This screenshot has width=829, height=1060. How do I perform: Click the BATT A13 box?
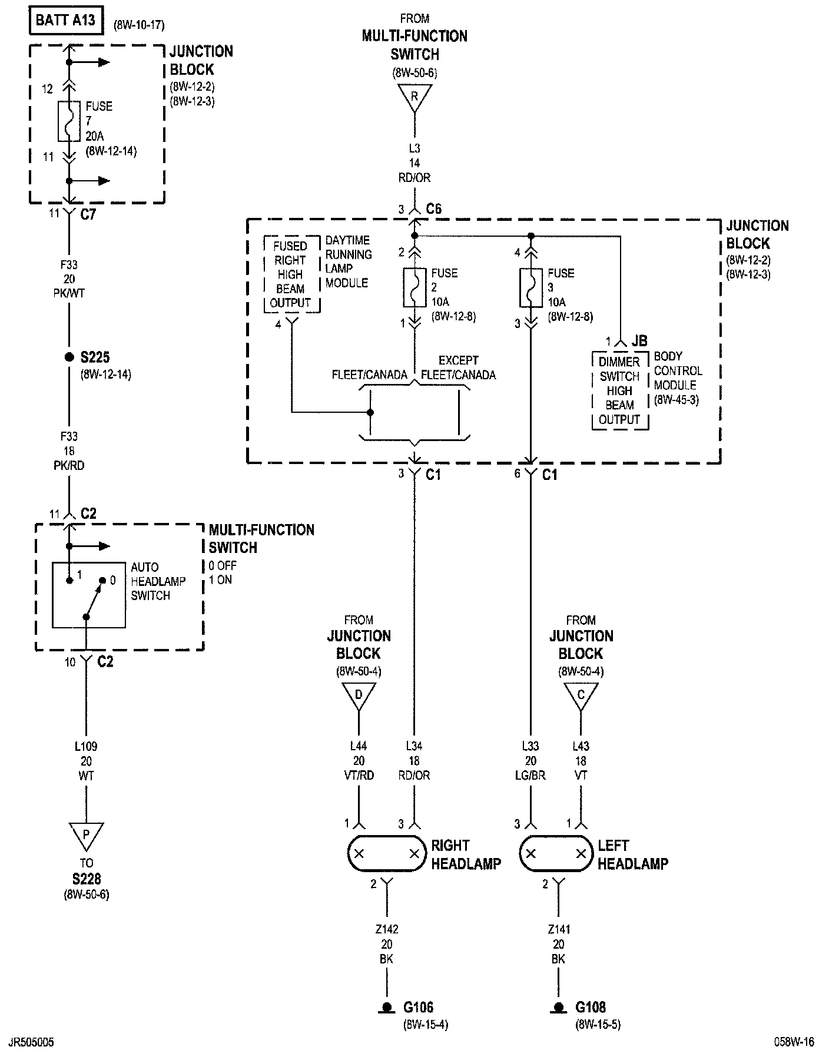(65, 20)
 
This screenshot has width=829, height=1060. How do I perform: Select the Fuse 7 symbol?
(69, 121)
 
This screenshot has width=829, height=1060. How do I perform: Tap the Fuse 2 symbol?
(414, 287)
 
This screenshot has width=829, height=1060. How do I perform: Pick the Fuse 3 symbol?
(531, 287)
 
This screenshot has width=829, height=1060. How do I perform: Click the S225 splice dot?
(69, 357)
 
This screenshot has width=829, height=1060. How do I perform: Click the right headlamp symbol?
(387, 853)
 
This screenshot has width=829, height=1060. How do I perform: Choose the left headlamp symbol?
(556, 853)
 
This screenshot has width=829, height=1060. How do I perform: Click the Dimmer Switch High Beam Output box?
(619, 390)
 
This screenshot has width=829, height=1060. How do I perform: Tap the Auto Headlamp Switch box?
(89, 595)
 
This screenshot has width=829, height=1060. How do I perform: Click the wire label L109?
(86, 746)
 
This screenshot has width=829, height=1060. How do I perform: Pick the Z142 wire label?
(386, 929)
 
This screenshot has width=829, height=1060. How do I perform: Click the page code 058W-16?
(794, 1042)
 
